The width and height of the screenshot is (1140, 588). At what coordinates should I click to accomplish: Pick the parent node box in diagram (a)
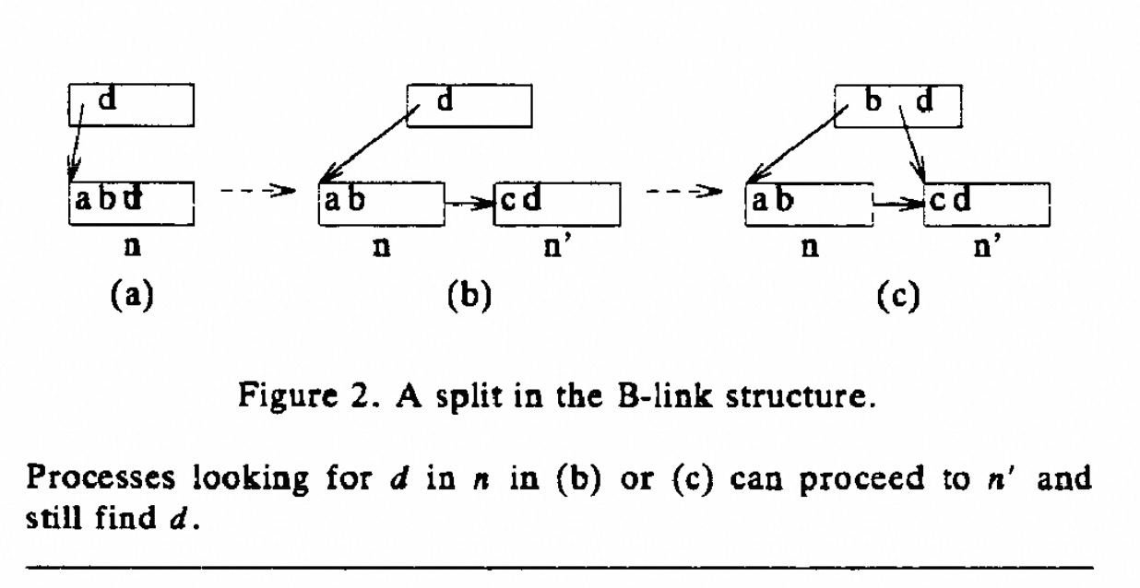pos(131,104)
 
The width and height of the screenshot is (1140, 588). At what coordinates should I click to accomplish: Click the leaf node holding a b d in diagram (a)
pos(131,203)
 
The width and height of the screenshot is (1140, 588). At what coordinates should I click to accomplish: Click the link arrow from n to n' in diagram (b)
pos(469,202)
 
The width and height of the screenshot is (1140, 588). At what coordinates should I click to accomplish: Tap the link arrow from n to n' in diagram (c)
pos(898,202)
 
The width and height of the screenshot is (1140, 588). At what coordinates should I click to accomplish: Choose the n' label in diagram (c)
pos(987,249)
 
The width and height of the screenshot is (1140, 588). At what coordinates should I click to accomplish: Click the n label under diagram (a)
pos(131,249)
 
